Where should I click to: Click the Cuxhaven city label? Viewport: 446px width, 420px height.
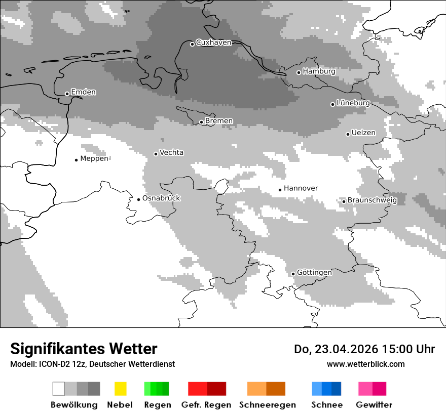(213, 43)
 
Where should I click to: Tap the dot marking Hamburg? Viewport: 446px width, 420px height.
(299, 72)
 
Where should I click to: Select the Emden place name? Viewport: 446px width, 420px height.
(83, 92)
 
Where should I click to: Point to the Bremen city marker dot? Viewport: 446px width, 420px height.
(201, 122)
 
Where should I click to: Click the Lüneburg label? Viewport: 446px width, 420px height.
(353, 103)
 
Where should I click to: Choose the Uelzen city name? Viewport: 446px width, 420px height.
(363, 133)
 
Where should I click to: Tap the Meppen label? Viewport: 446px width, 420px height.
(94, 158)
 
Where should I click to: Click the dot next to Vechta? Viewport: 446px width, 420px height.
(156, 154)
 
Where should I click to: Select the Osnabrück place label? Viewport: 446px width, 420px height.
(161, 198)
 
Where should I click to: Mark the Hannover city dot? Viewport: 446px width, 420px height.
(280, 190)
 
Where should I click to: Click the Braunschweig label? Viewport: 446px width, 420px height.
(372, 200)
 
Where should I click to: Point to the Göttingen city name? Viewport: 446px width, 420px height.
(314, 272)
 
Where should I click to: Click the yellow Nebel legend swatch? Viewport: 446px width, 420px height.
(120, 389)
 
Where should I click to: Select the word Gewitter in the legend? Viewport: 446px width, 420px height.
(374, 405)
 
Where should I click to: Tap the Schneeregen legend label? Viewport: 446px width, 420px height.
(267, 405)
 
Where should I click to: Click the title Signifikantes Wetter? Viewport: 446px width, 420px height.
(84, 349)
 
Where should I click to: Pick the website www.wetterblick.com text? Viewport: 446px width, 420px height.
(365, 364)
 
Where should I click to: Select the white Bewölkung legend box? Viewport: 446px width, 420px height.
(59, 389)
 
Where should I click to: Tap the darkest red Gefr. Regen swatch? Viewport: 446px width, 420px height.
(216, 389)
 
